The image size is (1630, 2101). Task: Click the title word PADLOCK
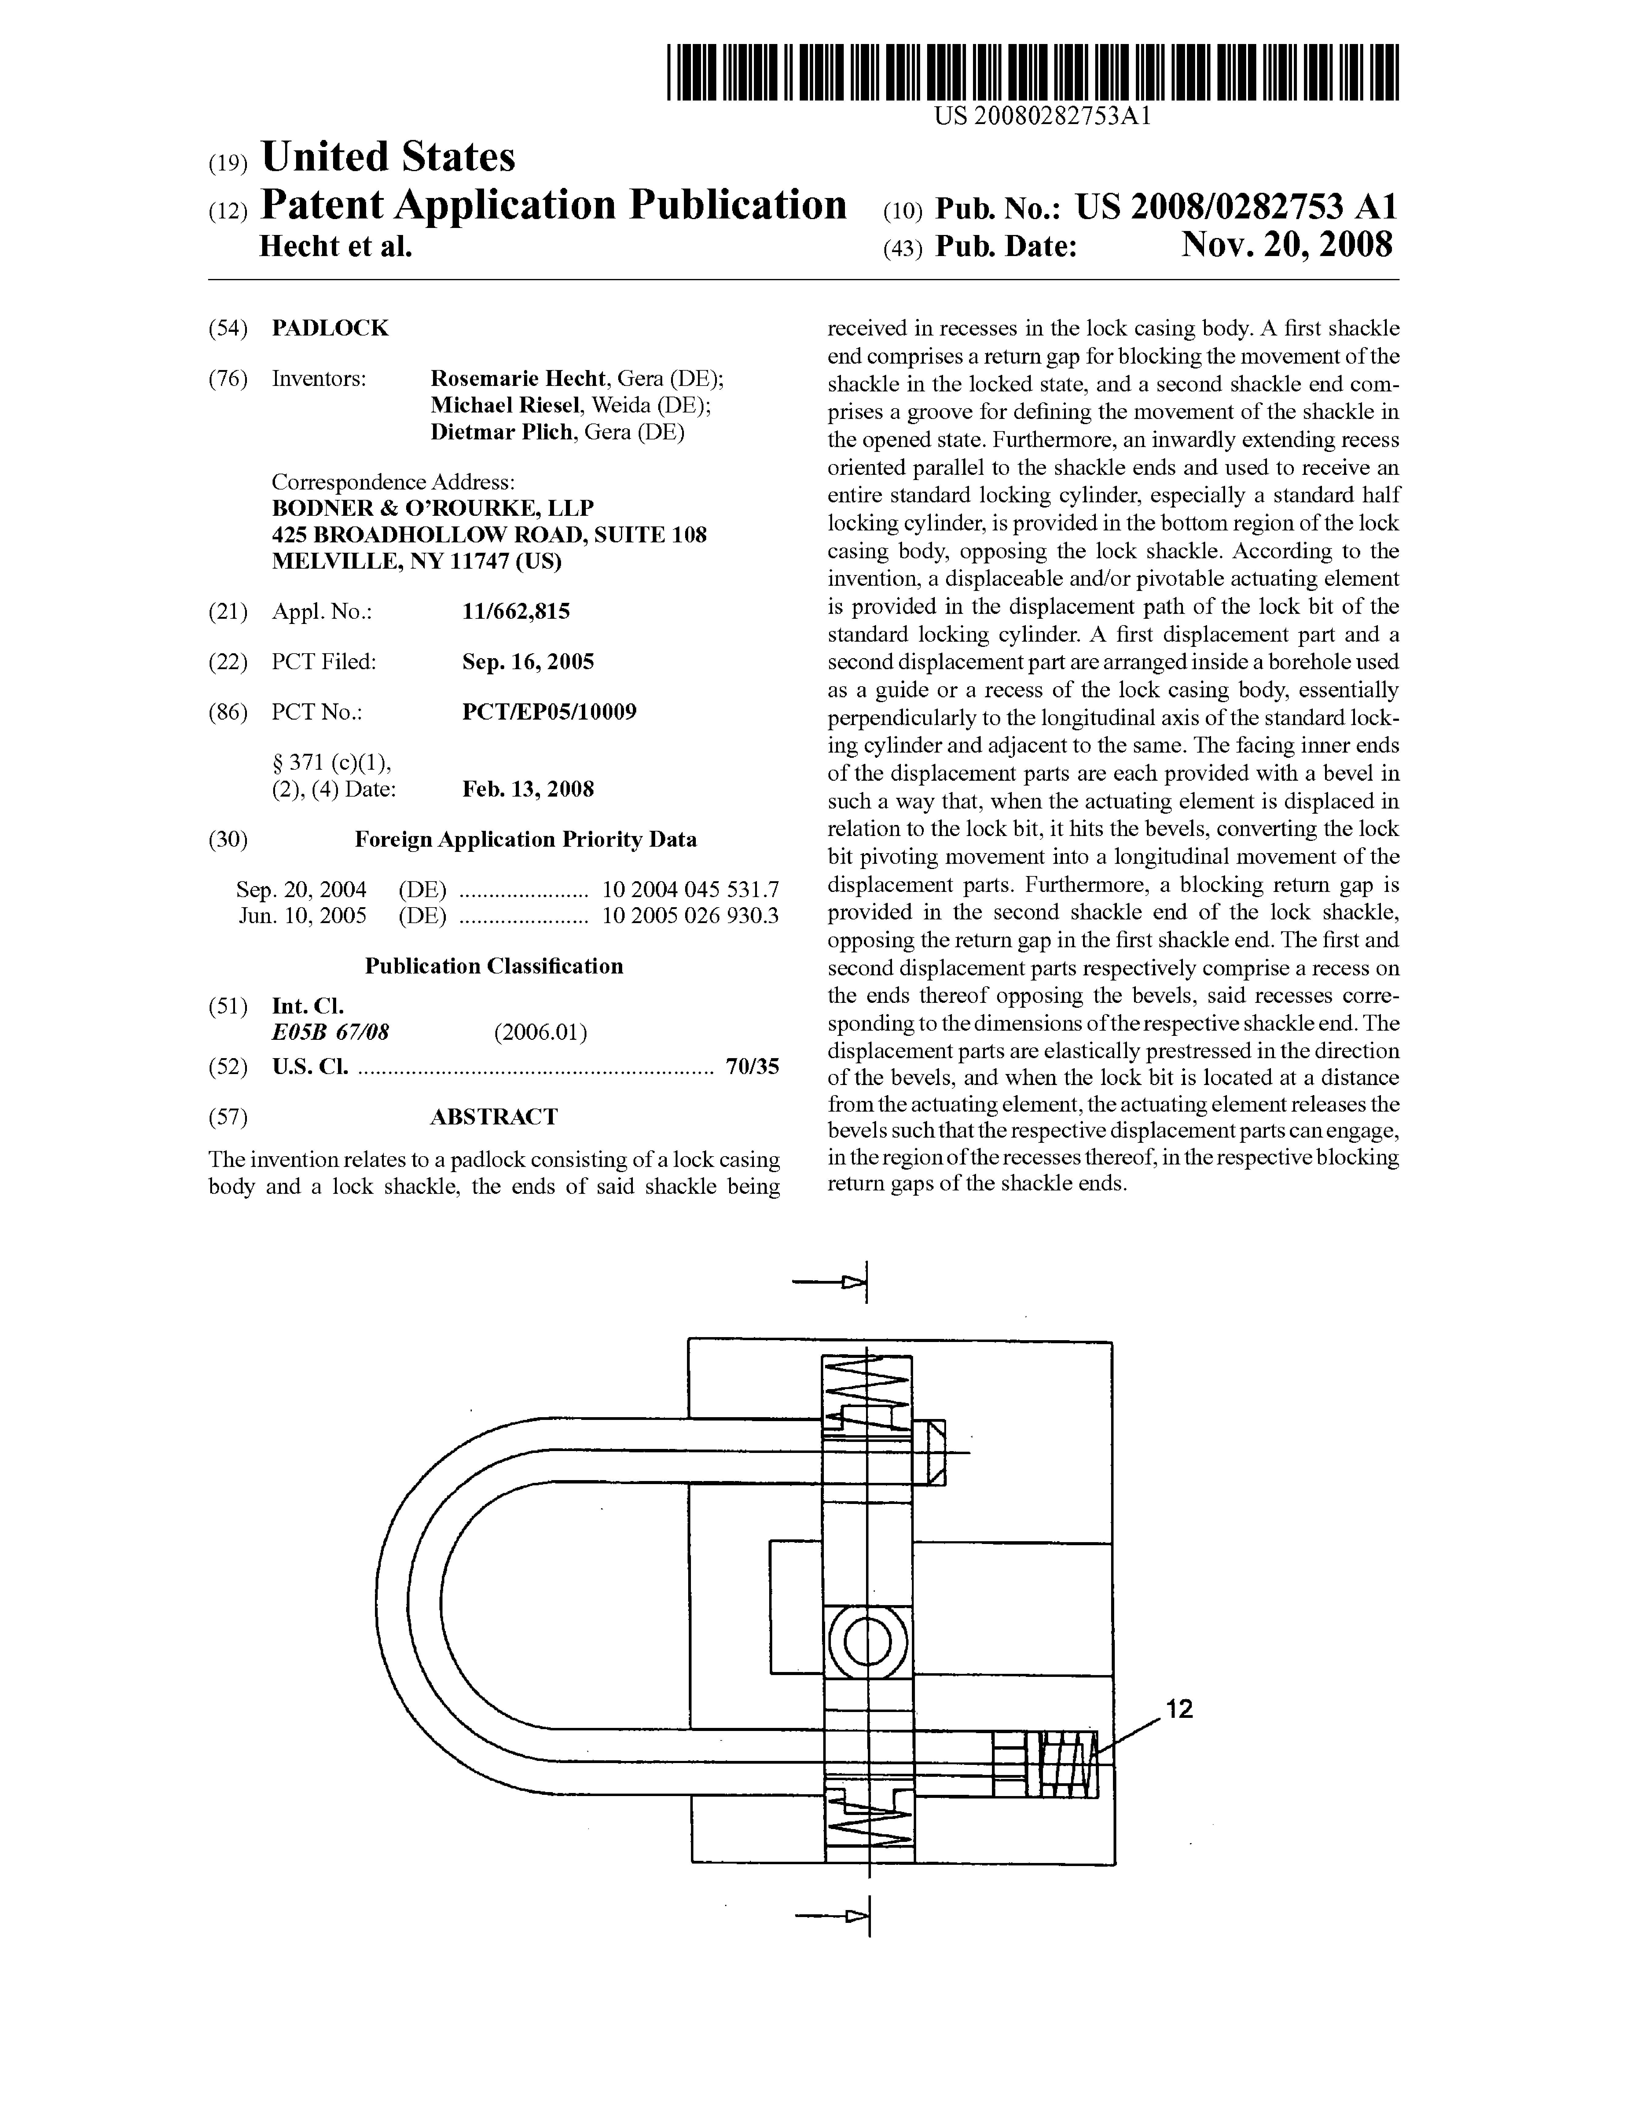point(330,328)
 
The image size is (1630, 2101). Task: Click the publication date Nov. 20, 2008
point(1287,245)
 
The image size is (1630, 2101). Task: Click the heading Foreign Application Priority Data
point(525,839)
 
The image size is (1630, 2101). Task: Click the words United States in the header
point(388,157)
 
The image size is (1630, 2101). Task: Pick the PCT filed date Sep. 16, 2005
point(527,662)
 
